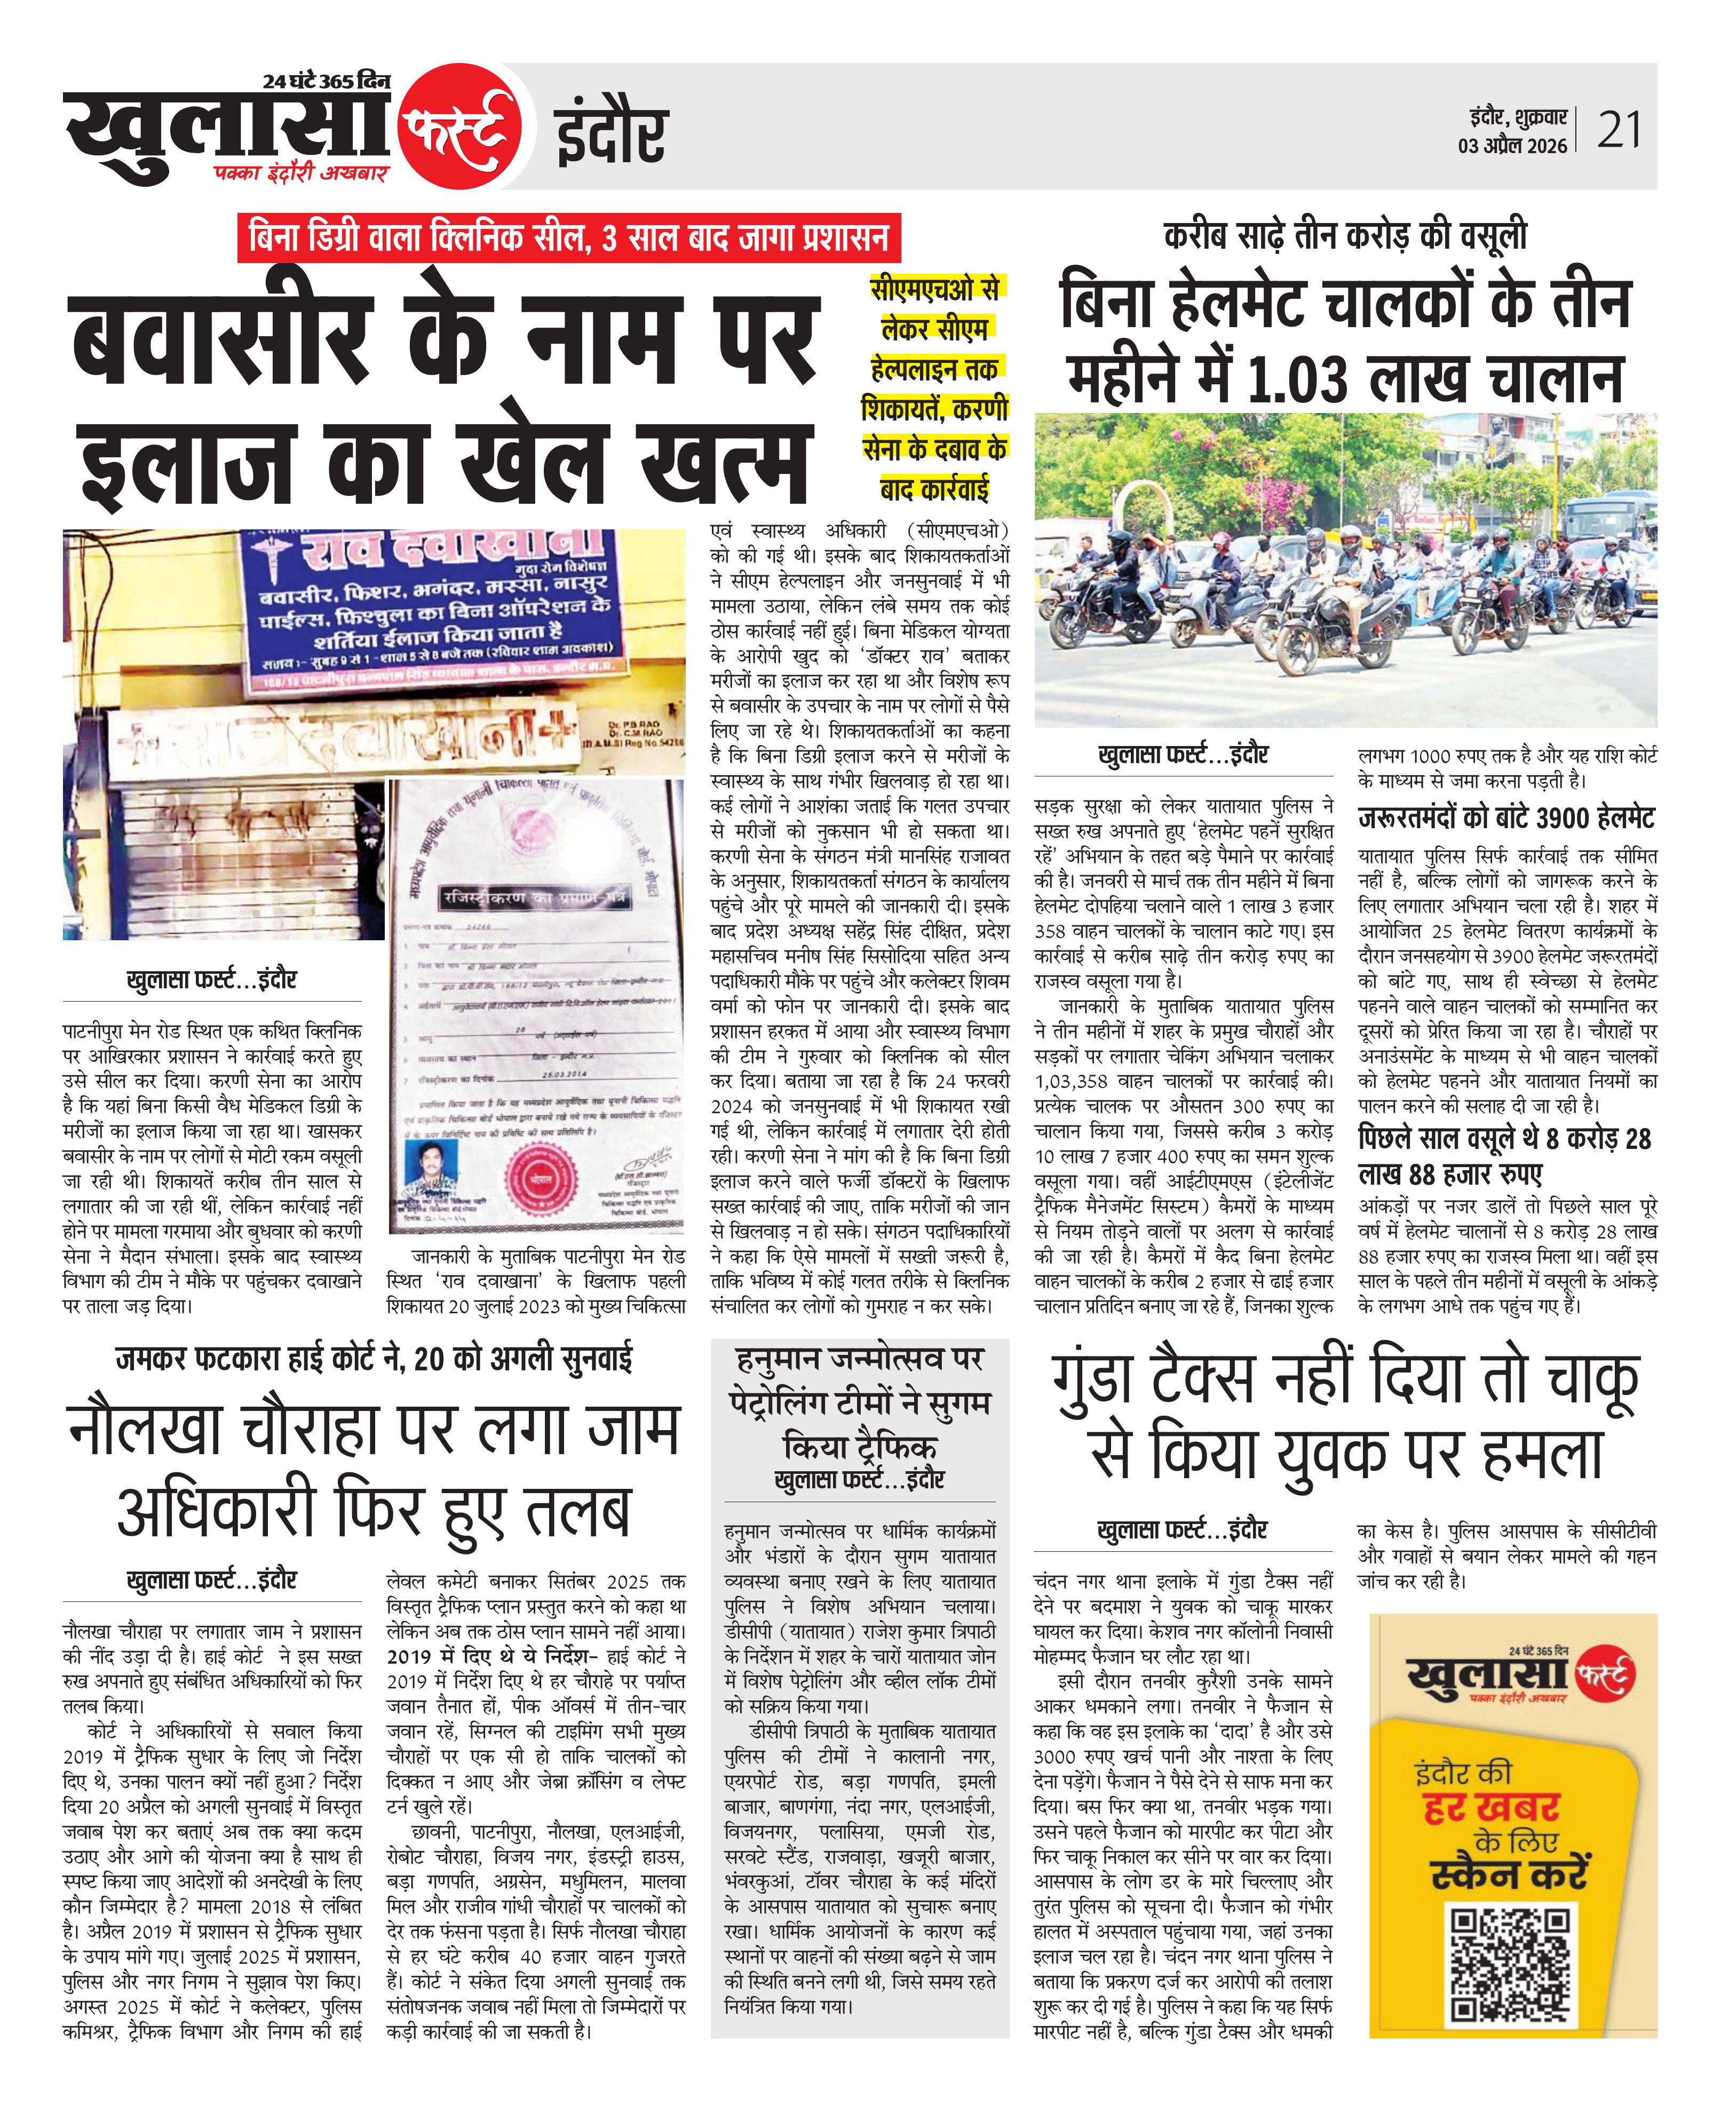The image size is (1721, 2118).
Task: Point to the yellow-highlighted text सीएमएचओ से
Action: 935,288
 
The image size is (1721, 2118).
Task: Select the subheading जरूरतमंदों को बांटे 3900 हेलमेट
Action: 1506,819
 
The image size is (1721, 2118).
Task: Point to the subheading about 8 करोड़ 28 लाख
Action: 1504,1156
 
